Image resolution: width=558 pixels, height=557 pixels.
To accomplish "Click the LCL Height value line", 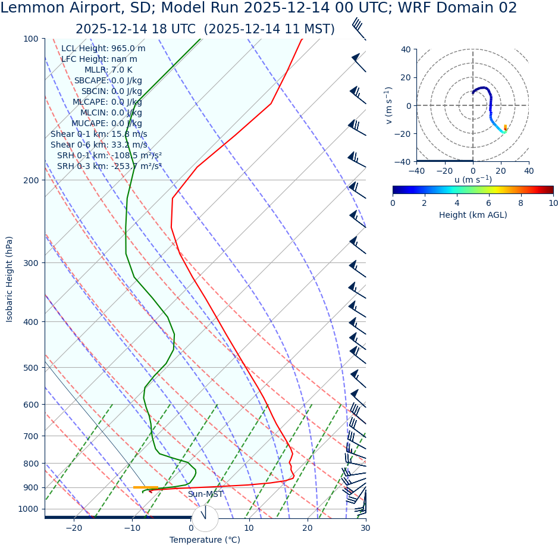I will [x=103, y=49].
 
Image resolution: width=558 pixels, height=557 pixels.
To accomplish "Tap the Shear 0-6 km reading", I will [x=99, y=145].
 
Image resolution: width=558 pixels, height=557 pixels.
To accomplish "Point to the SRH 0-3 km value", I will [x=109, y=166].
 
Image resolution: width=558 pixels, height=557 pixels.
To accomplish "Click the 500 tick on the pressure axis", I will [x=31, y=368].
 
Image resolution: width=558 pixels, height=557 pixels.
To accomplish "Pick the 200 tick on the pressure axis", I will [x=31, y=180].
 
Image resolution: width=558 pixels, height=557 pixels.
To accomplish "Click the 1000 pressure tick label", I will [x=28, y=509].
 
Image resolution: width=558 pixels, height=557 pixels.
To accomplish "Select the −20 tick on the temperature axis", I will [x=74, y=528].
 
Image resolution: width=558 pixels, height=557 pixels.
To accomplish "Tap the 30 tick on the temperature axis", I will [x=365, y=528].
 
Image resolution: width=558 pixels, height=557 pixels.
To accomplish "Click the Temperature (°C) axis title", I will [x=205, y=540].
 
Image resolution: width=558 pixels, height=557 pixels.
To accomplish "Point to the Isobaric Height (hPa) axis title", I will [x=10, y=279].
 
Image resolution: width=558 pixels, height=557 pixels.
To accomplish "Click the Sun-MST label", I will [x=205, y=495].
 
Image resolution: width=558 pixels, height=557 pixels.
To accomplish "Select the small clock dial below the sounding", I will [x=205, y=518].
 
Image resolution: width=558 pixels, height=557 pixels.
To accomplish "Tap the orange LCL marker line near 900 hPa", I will [x=145, y=487].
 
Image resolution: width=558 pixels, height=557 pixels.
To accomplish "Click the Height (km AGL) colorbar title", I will [x=473, y=215].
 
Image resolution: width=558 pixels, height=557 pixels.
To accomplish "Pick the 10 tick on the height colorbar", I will [x=553, y=203].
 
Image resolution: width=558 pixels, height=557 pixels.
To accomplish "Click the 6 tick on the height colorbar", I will [x=489, y=203].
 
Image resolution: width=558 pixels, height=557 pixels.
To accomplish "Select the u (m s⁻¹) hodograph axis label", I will [x=473, y=180].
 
